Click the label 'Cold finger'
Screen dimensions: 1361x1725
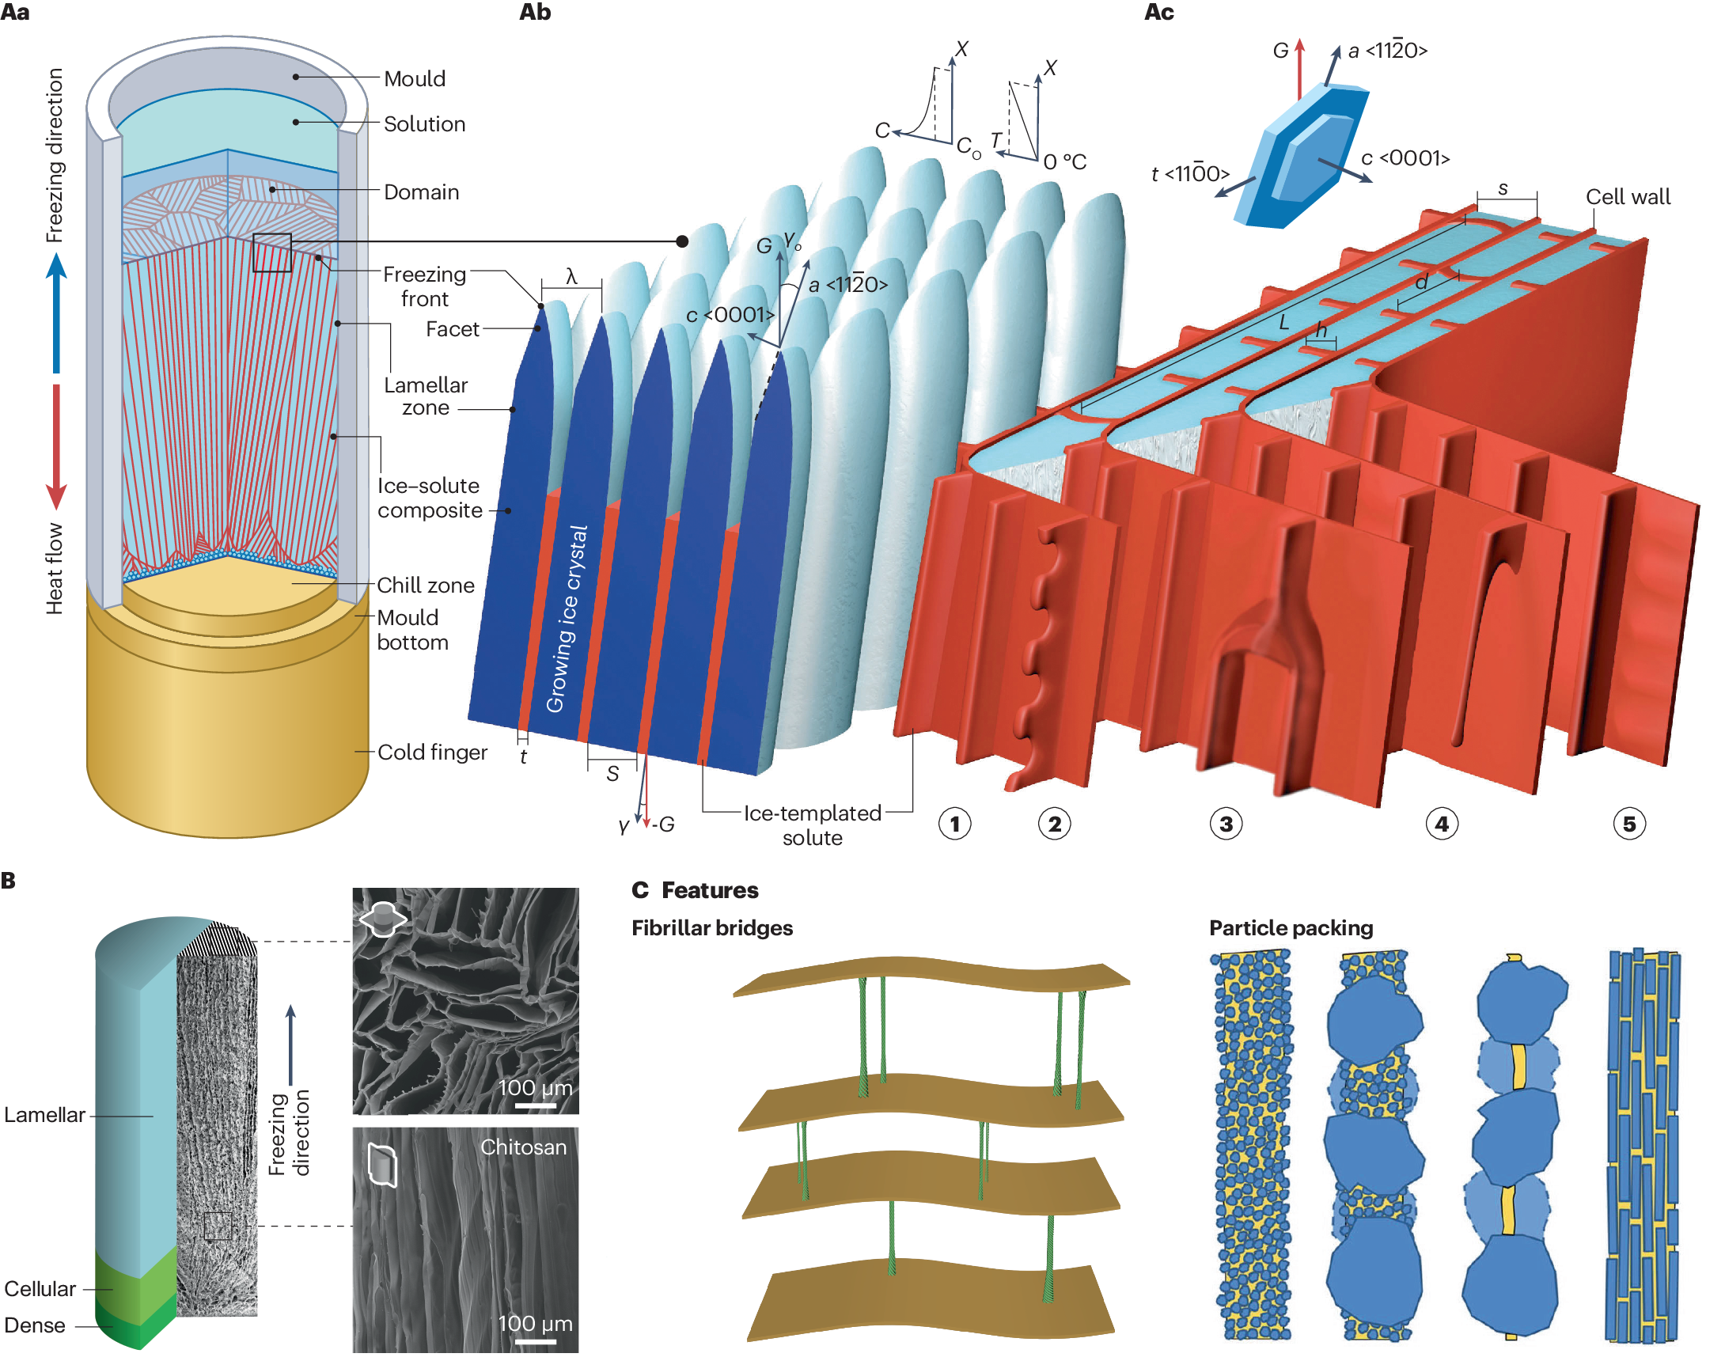click(432, 753)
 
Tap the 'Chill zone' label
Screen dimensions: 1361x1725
click(426, 585)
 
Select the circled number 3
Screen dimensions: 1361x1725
click(1226, 824)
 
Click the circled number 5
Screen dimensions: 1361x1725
click(1628, 824)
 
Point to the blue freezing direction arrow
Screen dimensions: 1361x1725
click(55, 311)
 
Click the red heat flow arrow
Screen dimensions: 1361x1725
click(55, 446)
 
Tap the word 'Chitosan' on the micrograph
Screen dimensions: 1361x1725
click(524, 1147)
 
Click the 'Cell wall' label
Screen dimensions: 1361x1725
click(1627, 197)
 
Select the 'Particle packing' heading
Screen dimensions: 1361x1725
click(1291, 928)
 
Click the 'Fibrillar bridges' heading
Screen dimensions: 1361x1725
click(711, 928)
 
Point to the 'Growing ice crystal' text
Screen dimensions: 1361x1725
click(567, 619)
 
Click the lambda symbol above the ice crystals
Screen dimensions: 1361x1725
click(571, 276)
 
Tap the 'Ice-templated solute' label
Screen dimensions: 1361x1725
click(812, 825)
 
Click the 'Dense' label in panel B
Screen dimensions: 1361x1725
click(35, 1325)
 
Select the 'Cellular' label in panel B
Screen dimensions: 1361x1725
click(40, 1288)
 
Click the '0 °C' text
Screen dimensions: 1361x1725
click(1065, 162)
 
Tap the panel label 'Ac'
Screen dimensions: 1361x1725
click(1158, 13)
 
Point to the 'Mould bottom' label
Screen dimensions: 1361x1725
click(412, 630)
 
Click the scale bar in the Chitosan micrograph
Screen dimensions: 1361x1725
click(536, 1342)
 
